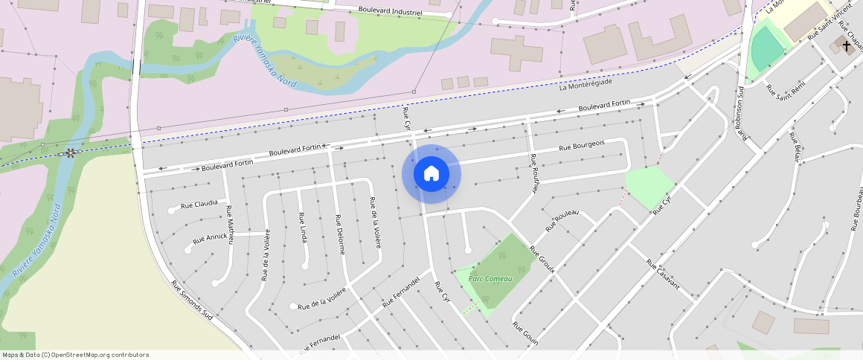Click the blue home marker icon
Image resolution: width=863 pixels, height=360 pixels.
431,174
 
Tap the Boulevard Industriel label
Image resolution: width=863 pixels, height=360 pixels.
390,12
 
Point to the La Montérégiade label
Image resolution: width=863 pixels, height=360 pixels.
586,86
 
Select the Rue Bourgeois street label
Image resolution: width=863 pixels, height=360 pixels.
582,147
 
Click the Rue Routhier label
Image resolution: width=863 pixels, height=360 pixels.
533,173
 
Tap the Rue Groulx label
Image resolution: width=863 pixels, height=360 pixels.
542,259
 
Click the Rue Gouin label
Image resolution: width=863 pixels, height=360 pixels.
525,334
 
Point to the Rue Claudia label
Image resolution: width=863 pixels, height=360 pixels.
200,203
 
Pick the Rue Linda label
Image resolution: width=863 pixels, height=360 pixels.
303,226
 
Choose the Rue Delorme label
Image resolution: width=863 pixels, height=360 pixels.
340,234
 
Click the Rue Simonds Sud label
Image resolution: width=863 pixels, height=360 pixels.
192,300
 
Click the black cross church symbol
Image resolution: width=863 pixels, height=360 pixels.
847,45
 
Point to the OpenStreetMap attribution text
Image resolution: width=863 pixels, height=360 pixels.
74,355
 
